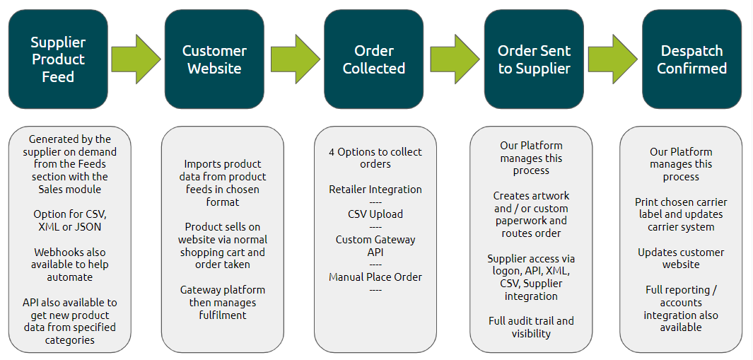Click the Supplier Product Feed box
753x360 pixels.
[x=58, y=59]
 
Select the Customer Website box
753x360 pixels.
[x=214, y=59]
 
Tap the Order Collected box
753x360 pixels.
[x=373, y=59]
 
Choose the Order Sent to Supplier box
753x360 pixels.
[x=534, y=59]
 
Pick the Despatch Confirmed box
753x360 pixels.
[x=691, y=59]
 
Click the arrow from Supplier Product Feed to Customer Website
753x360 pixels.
[x=136, y=59]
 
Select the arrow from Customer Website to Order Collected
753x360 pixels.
[x=296, y=59]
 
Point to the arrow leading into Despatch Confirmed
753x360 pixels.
[x=613, y=59]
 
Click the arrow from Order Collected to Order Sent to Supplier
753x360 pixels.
[x=455, y=59]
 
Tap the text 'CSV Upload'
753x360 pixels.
[x=375, y=214]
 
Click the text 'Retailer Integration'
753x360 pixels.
[x=375, y=190]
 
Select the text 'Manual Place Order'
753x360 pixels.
[x=375, y=277]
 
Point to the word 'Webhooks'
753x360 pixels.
[x=56, y=252]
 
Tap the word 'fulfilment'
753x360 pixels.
[x=223, y=315]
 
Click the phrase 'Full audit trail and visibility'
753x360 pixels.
[x=531, y=327]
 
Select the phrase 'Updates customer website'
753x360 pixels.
[x=681, y=259]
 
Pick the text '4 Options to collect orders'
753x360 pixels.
[x=375, y=158]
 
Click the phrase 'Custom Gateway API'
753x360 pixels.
[x=375, y=245]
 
